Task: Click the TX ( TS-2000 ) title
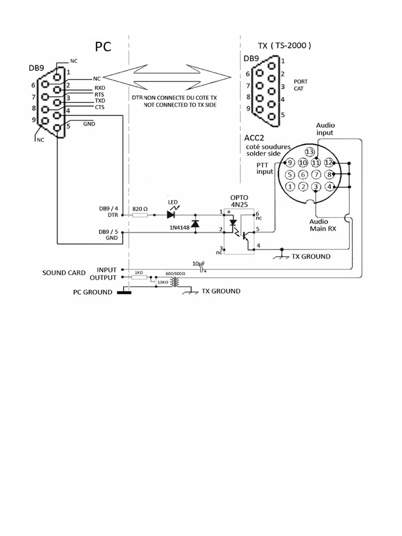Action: [x=285, y=46]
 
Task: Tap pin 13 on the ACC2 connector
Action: [x=310, y=152]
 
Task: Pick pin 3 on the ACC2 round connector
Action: [x=316, y=186]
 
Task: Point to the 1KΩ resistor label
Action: [x=139, y=273]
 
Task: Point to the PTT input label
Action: [x=265, y=169]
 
